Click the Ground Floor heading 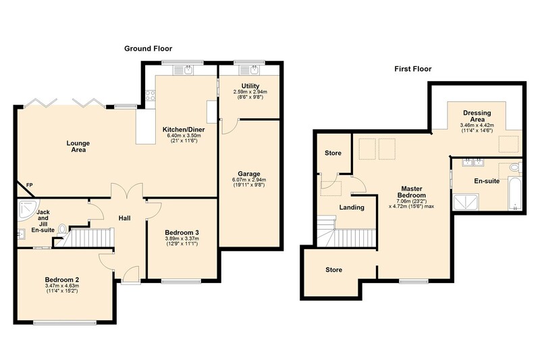click(148, 49)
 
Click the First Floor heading click(413, 69)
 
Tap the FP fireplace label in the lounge click(30, 185)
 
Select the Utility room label click(250, 86)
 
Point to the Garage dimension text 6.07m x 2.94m click(249, 180)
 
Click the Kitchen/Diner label click(184, 130)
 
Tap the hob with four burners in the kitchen click(150, 95)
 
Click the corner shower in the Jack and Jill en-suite click(28, 209)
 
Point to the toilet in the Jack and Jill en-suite click(62, 229)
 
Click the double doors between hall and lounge click(126, 190)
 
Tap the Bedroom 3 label click(182, 232)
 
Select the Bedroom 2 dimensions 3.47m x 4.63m click(62, 286)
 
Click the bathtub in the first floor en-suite click(515, 193)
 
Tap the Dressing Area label click(477, 115)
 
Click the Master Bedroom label click(412, 192)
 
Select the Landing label click(352, 207)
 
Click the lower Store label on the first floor click(333, 269)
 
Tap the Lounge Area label click(78, 147)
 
